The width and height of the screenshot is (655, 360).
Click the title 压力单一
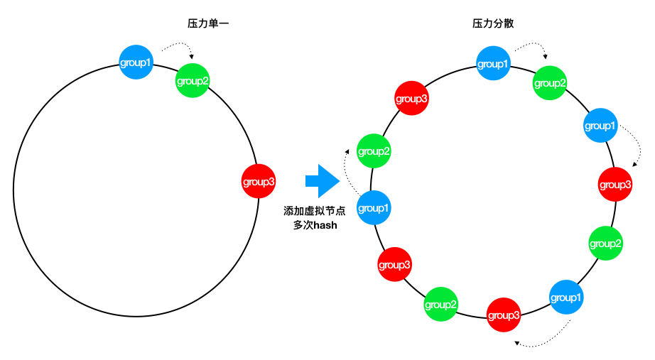[208, 23]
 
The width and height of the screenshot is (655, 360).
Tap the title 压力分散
[493, 23]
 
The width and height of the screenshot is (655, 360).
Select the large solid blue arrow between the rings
[323, 181]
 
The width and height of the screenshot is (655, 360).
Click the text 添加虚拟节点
[315, 211]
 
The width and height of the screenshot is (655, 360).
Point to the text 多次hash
[315, 225]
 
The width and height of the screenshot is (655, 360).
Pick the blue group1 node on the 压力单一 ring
[136, 62]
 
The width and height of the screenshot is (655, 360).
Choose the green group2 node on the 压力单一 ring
[192, 81]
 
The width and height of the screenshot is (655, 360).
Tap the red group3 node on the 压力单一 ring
[259, 181]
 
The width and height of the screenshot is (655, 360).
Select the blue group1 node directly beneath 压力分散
[493, 63]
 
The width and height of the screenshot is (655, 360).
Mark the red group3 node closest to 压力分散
[411, 98]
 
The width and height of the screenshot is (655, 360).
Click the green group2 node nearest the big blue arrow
[374, 151]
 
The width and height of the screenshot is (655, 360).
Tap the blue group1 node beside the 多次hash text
[374, 207]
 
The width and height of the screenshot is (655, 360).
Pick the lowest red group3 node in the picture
[504, 315]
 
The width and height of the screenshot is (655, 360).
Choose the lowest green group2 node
[440, 304]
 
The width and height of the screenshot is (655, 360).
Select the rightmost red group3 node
[615, 184]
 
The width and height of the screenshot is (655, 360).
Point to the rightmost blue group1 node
[600, 125]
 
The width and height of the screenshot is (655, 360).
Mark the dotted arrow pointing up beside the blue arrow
[345, 171]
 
